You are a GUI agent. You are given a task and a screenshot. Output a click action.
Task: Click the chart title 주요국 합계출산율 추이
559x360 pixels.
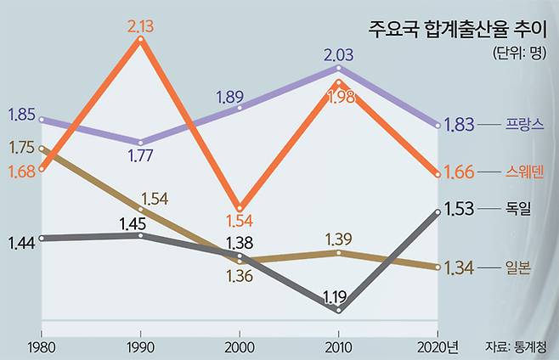[x=456, y=28]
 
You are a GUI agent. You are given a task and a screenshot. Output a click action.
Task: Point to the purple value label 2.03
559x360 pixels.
[x=340, y=54]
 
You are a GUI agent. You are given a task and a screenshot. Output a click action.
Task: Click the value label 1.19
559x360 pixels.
[x=334, y=296]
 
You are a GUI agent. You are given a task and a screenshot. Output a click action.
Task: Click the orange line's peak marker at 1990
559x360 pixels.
[x=140, y=39]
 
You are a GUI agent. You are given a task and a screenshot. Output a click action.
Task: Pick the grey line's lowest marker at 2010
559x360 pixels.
[x=339, y=311]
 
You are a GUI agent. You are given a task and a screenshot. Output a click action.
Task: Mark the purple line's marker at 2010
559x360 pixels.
[x=339, y=68]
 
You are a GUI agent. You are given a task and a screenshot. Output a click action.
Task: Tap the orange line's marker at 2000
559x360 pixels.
[x=240, y=208]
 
